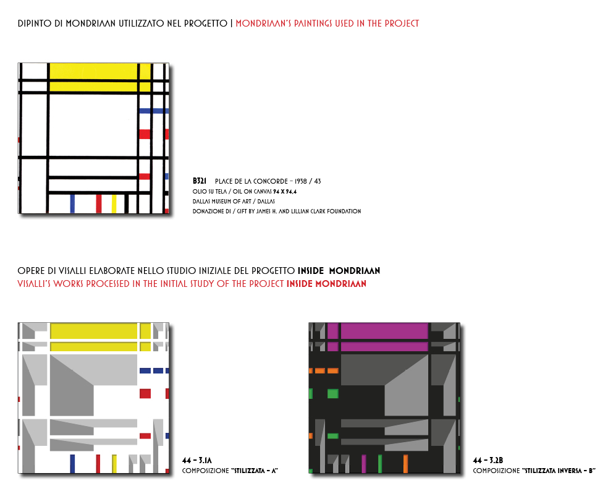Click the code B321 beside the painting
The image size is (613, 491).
200,181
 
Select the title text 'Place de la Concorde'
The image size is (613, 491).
252,181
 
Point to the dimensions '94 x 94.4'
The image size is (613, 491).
285,191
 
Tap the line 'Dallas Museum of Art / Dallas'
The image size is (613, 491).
234,201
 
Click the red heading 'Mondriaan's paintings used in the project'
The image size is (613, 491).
328,23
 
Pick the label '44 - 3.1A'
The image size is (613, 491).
197,460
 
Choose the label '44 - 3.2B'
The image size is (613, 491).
488,460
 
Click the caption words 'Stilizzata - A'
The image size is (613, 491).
256,471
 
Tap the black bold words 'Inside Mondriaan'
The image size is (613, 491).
339,271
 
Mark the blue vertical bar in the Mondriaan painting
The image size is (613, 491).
72,203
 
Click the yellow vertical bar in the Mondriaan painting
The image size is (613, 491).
114,203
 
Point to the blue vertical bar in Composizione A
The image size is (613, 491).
72,464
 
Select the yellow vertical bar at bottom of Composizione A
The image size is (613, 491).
114,464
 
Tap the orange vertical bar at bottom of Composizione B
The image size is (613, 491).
405,464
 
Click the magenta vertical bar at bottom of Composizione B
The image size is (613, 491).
364,464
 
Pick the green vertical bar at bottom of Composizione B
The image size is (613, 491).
380,464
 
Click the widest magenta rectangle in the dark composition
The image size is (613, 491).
384,331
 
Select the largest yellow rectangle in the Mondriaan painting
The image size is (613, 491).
93,71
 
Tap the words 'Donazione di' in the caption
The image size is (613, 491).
211,211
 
